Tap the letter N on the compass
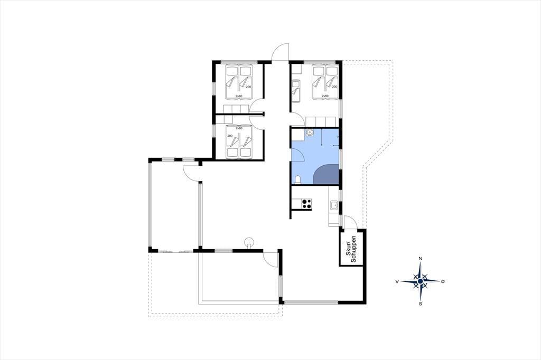[x=420, y=259]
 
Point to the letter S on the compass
[x=420, y=304]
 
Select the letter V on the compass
[x=397, y=281]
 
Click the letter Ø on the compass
[x=443, y=281]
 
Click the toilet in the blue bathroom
[x=298, y=179]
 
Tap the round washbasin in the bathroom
[x=310, y=132]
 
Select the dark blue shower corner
[x=327, y=174]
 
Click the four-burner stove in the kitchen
[x=307, y=204]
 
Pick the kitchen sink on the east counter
[x=334, y=205]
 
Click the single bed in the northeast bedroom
[x=296, y=91]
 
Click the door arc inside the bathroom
[x=298, y=156]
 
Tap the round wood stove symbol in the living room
[x=248, y=242]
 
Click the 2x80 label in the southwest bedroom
[x=239, y=128]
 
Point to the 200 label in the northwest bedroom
[x=248, y=87]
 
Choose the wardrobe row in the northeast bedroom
[x=321, y=122]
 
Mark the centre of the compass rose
[x=420, y=281]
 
